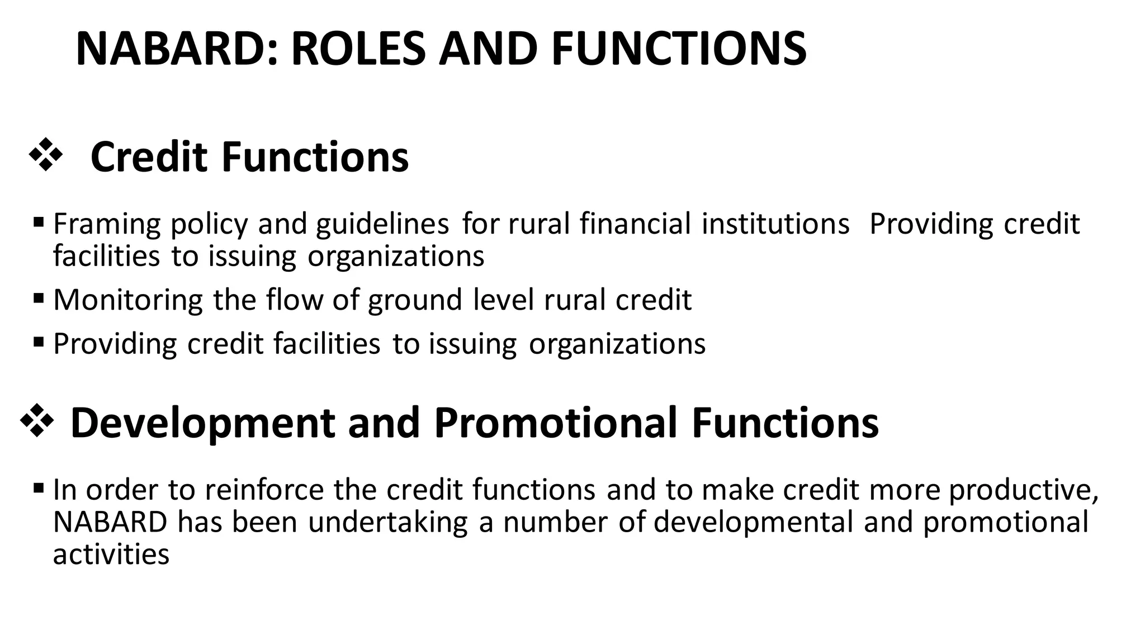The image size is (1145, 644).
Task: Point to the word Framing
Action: pos(107,224)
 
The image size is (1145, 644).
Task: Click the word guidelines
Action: pos(382,224)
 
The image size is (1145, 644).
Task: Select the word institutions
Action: pos(775,224)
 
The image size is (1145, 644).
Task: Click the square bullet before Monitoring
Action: pos(39,298)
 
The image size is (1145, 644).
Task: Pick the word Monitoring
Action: pos(128,300)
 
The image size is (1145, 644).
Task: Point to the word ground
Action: pos(415,300)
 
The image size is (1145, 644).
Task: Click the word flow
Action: pos(295,300)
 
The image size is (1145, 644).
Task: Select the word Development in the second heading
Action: pos(202,423)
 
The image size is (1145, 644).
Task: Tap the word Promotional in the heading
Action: pos(555,423)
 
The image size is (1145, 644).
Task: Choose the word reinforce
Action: pos(264,490)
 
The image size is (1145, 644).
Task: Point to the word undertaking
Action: pos(387,523)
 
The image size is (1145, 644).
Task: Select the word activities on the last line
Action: pos(111,555)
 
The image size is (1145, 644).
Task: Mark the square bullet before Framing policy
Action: pos(39,222)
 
